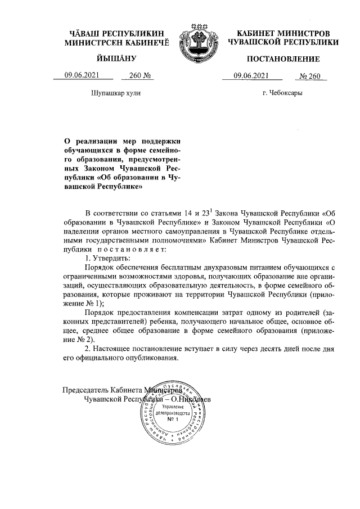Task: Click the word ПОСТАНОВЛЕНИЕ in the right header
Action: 283,59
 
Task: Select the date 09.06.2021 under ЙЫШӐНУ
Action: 82,76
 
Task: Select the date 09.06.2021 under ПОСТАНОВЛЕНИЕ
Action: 250,76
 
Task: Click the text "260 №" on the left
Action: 141,76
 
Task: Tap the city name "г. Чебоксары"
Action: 282,93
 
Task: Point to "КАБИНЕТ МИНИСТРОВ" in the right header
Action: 283,34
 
